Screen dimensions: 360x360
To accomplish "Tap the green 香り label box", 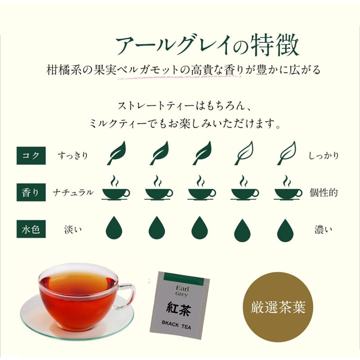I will pos(31,193).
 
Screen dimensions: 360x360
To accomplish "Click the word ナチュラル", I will pos(73,193).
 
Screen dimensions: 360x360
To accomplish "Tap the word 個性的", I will pos(323,193).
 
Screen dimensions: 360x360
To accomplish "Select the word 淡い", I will pos(73,230).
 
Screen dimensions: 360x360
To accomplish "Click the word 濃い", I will pos(323,230).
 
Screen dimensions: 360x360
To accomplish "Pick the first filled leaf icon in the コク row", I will pos(116,154).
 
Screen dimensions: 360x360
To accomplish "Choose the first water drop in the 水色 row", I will pos(114,229).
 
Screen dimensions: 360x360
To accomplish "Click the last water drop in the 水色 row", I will pos(285,230).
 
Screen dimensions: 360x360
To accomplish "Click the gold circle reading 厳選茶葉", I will pos(279,307).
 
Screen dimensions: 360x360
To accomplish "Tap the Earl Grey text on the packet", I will pos(181,291).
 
